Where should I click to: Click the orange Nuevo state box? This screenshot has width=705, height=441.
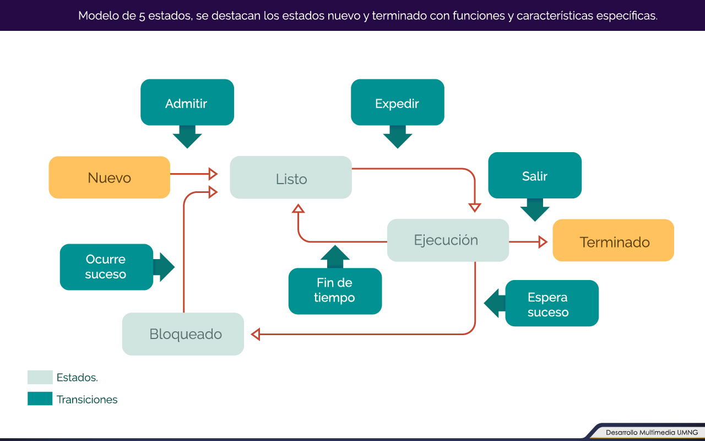110,178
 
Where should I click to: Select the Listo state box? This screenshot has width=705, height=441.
291,178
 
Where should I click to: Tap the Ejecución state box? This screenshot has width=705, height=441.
448,240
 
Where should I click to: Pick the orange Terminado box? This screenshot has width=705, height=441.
614,240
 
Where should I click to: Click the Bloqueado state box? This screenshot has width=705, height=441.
183,334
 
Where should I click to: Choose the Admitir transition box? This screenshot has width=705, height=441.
187,103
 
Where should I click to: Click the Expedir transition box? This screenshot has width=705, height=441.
398,103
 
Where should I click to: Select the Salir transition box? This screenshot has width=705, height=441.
535,175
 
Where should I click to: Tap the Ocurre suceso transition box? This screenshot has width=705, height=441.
107,267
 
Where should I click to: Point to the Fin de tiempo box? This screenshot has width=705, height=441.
335,291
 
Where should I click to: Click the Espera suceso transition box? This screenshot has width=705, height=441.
552,303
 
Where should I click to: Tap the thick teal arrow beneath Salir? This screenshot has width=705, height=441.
535,210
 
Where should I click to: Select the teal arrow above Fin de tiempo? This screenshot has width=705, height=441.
335,257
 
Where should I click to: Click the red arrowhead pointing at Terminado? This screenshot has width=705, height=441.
543,242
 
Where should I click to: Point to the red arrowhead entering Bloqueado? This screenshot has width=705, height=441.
256,334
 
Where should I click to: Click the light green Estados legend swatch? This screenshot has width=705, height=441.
40,377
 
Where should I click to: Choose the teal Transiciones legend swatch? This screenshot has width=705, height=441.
40,399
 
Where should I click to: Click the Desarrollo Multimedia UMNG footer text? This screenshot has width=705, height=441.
652,433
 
